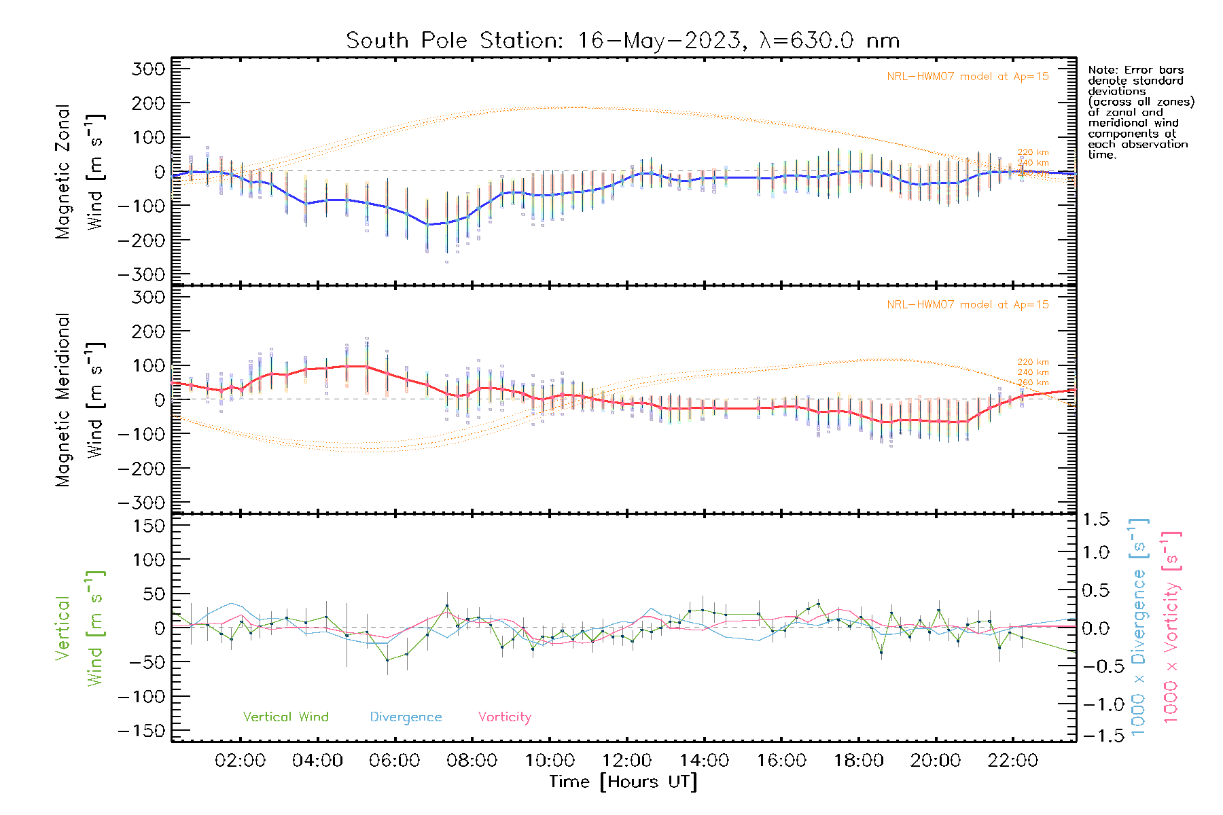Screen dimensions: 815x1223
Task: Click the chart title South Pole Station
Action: (622, 41)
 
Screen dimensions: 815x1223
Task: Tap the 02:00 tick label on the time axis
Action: (240, 761)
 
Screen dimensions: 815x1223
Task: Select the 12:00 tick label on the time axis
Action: (626, 761)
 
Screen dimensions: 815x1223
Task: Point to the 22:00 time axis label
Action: (1012, 761)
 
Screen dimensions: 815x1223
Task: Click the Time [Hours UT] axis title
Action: (623, 782)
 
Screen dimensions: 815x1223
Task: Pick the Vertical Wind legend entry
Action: (285, 717)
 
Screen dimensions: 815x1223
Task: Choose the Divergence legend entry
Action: (406, 717)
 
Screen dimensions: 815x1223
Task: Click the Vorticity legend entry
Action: (504, 717)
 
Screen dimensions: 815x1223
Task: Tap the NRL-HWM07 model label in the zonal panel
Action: (968, 77)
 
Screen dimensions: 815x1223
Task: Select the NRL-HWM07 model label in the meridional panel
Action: (968, 305)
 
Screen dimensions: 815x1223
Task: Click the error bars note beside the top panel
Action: (1140, 112)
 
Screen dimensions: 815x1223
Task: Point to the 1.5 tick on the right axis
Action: (1095, 520)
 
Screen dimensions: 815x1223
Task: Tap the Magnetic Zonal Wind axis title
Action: (79, 172)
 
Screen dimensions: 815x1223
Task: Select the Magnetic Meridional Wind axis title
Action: (79, 400)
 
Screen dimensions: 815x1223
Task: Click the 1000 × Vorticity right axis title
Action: (1171, 628)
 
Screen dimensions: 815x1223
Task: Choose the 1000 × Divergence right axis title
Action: (1139, 628)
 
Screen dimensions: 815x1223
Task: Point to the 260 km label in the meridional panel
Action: (1033, 383)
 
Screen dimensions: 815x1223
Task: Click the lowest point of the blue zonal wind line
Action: (428, 224)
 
